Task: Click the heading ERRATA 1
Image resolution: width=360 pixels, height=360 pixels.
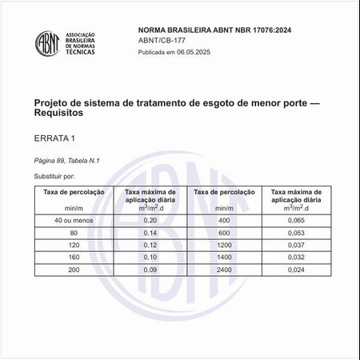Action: [x=55, y=138]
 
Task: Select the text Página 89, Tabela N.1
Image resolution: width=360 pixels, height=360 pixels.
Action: [x=66, y=161]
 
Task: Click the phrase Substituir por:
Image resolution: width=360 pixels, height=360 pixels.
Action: [x=54, y=174]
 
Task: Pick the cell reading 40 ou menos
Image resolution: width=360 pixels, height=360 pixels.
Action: [x=70, y=219]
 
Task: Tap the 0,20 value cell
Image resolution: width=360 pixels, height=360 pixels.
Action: [x=150, y=219]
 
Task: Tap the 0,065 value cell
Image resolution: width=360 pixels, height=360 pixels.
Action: [x=296, y=219]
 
